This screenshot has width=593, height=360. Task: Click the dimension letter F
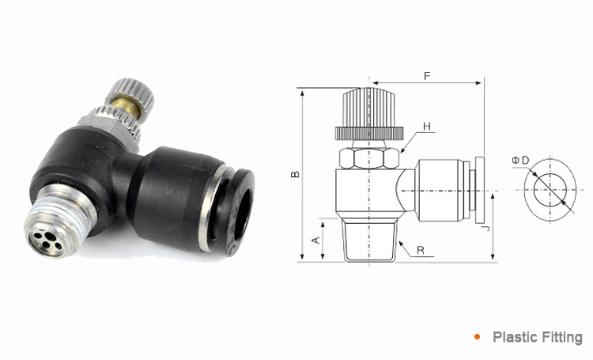427,76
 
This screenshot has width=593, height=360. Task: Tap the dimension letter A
315,239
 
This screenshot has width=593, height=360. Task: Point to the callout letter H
427,127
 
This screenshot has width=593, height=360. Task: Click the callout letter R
420,251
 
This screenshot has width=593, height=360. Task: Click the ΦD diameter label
520,161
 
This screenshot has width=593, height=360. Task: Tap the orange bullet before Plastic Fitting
478,337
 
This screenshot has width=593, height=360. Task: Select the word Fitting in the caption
561,337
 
